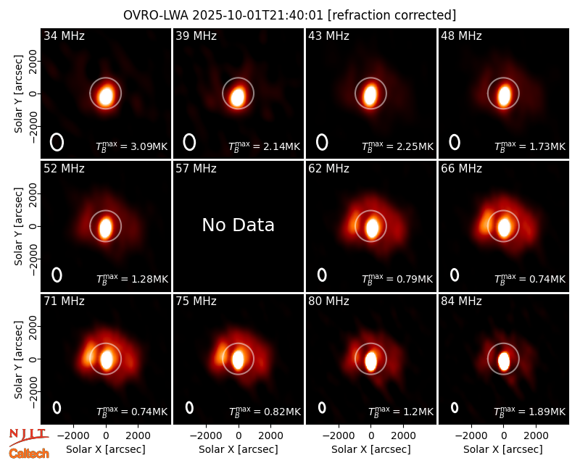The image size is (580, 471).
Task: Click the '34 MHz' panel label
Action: [64, 36]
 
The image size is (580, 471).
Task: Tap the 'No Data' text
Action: [239, 225]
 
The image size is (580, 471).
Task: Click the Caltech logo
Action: [29, 454]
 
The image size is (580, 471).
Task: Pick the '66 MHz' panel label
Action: [461, 169]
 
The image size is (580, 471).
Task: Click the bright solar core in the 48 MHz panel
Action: [503, 96]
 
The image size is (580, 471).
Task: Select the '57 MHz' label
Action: [196, 169]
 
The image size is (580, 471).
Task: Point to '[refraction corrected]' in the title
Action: [392, 15]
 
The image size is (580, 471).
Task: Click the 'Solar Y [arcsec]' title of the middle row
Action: [18, 226]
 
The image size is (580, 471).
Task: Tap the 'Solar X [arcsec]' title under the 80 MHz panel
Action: [371, 449]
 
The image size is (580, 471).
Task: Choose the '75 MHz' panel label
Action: [196, 301]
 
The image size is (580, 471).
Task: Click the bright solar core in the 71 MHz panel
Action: [106, 359]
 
